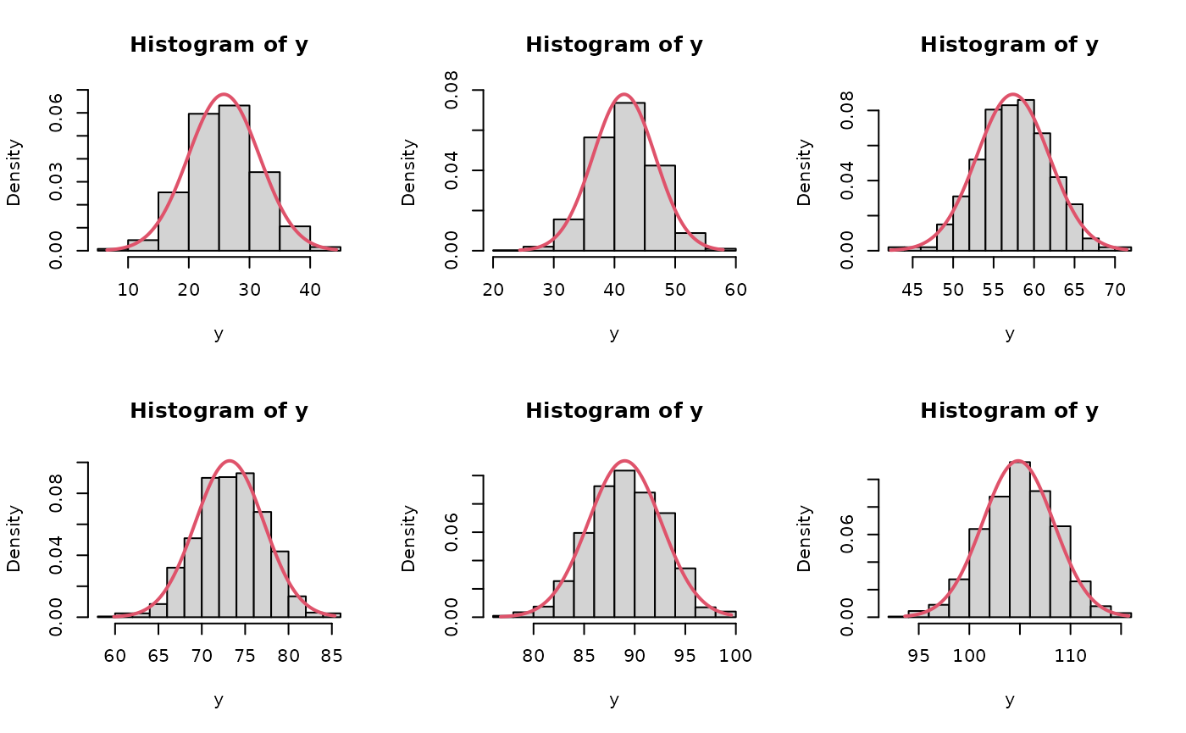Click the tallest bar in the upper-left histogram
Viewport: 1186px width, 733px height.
(234, 178)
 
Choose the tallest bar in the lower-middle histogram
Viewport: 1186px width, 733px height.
(624, 543)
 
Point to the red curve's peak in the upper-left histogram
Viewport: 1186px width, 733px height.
(224, 95)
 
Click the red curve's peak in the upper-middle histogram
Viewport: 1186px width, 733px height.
(624, 95)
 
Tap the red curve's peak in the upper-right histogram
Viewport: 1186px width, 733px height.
(1013, 95)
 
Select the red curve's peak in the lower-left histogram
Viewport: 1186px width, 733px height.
(230, 461)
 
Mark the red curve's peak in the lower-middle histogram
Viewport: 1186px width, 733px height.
(624, 461)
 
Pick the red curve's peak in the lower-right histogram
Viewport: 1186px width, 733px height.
(1017, 461)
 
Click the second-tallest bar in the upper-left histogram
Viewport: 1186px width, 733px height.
(204, 182)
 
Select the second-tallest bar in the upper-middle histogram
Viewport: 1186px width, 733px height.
(599, 194)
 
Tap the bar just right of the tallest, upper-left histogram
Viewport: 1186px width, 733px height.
(264, 212)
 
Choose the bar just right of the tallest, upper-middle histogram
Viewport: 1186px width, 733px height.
(660, 208)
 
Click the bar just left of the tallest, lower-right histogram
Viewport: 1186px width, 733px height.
(1000, 557)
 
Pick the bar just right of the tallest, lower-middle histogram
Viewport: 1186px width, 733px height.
(645, 555)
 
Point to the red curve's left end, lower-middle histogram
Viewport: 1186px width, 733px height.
(502, 616)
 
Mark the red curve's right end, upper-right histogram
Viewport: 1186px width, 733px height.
(1128, 249)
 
